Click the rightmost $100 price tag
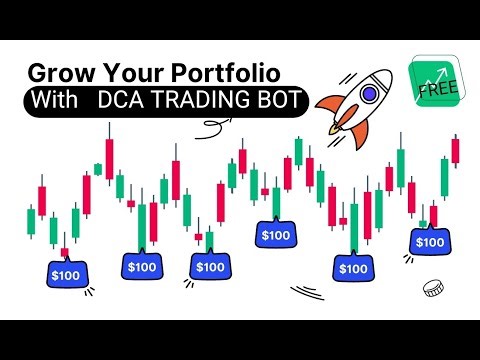point(430,242)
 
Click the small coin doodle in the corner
point(432,288)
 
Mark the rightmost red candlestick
point(455,150)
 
